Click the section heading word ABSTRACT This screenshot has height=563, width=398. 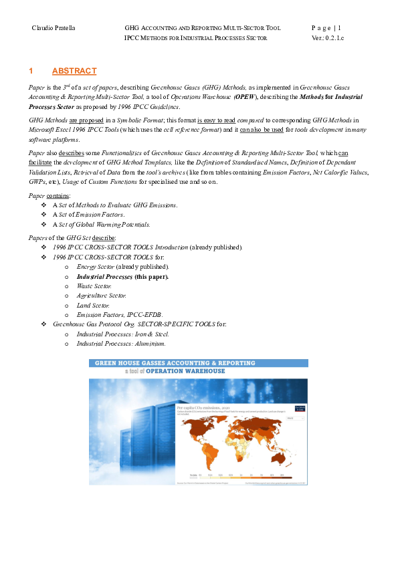coord(74,71)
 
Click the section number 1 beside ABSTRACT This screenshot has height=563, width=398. coord(31,71)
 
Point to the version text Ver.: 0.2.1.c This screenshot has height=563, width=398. coord(328,38)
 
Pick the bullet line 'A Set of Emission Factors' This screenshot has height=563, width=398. coord(88,215)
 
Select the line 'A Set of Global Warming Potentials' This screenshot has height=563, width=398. coord(101,225)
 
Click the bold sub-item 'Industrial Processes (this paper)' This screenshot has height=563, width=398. coord(122,276)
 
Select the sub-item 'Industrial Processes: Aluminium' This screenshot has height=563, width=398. coord(121,343)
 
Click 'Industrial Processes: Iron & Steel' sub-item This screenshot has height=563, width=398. coord(123,334)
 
